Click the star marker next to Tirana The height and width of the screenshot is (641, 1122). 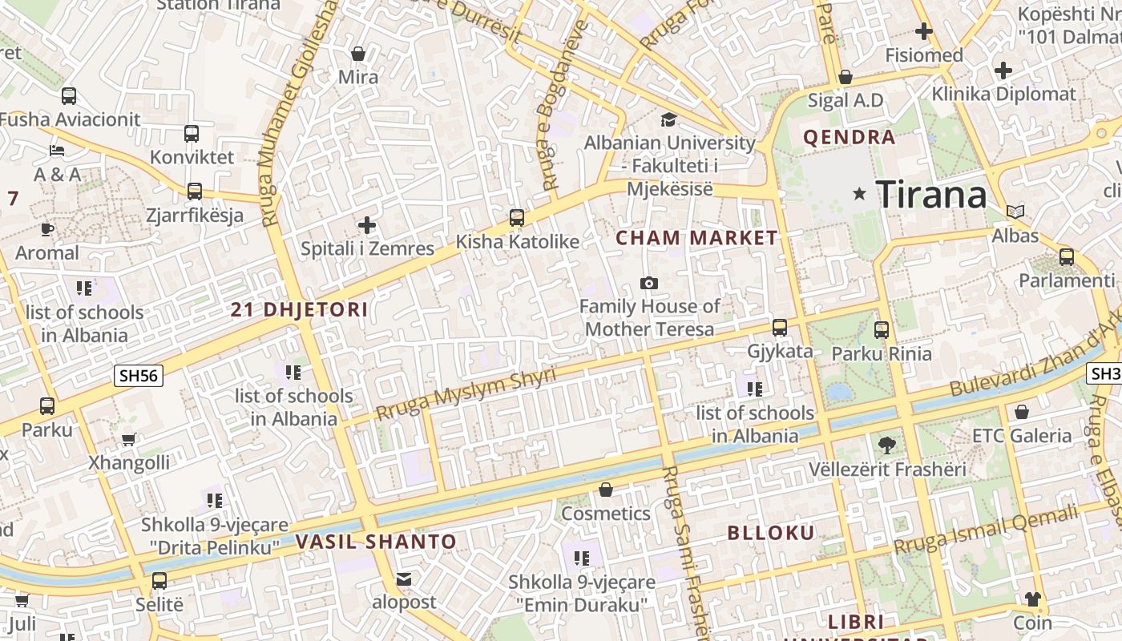(860, 193)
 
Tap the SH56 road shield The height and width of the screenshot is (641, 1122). (139, 376)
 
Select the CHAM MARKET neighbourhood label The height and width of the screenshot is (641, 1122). (696, 238)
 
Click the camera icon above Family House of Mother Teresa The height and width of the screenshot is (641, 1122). (649, 283)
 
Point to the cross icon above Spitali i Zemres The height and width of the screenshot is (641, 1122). (367, 225)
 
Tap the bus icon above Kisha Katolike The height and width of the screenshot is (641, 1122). (517, 217)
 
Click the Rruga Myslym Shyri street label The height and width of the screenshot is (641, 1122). (465, 393)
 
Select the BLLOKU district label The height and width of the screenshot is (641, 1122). (770, 533)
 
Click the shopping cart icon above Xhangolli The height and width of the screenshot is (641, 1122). (128, 439)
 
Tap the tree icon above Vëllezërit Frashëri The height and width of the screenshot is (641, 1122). (886, 445)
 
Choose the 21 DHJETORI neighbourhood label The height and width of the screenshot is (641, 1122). (299, 309)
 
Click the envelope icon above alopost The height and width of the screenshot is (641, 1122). (404, 579)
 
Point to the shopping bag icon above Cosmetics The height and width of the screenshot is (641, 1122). (606, 490)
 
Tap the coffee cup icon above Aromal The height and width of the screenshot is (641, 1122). (47, 229)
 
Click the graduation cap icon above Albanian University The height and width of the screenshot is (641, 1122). (668, 119)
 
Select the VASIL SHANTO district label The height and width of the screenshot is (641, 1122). (376, 542)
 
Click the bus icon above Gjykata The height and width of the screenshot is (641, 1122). (779, 327)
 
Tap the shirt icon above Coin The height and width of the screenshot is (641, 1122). (1032, 599)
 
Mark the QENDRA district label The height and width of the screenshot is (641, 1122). (849, 137)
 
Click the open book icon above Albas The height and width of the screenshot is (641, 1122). (1015, 212)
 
